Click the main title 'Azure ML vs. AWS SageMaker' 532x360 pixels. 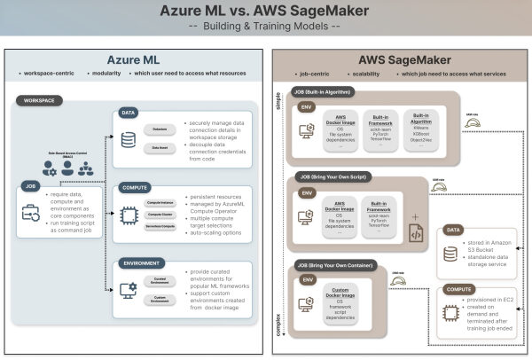click(x=266, y=12)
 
